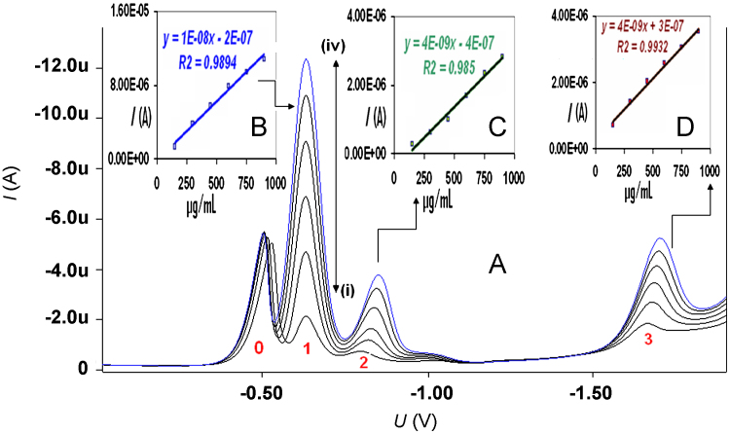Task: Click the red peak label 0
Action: [258, 346]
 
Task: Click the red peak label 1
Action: [306, 346]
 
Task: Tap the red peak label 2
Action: [363, 363]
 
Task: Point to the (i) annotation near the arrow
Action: [345, 289]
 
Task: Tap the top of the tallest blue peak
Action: [307, 59]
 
